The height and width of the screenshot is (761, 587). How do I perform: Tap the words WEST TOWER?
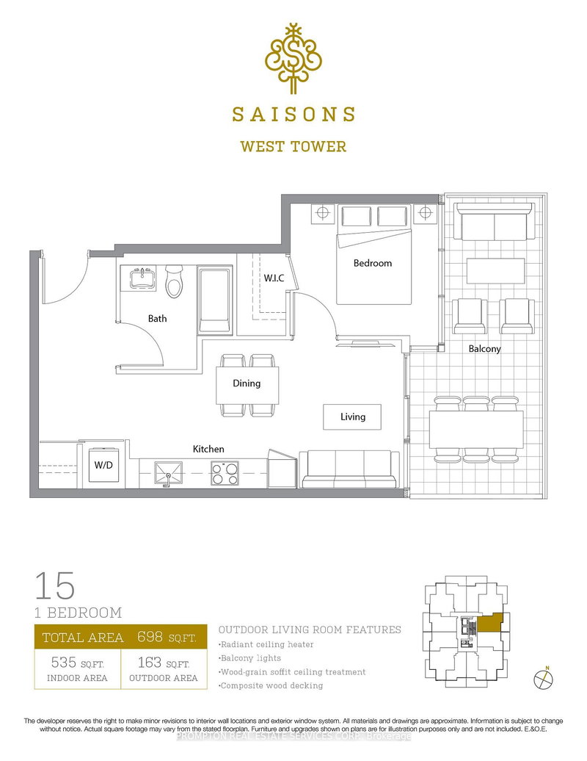point(293,146)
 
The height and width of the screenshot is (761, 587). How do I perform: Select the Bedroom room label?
point(373,263)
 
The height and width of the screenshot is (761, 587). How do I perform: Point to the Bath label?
point(157,318)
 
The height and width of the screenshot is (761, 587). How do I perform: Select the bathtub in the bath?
point(216,302)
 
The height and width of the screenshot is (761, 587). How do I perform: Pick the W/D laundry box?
point(101,465)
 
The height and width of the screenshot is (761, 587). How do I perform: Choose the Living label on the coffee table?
point(353,417)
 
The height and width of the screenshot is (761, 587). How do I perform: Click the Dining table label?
point(247,383)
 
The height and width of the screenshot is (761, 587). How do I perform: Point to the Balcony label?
point(484,349)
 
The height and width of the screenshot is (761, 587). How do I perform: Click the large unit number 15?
point(54,586)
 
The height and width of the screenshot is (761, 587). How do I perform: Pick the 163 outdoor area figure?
point(150,663)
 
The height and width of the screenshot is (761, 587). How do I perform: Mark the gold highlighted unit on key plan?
point(491,624)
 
